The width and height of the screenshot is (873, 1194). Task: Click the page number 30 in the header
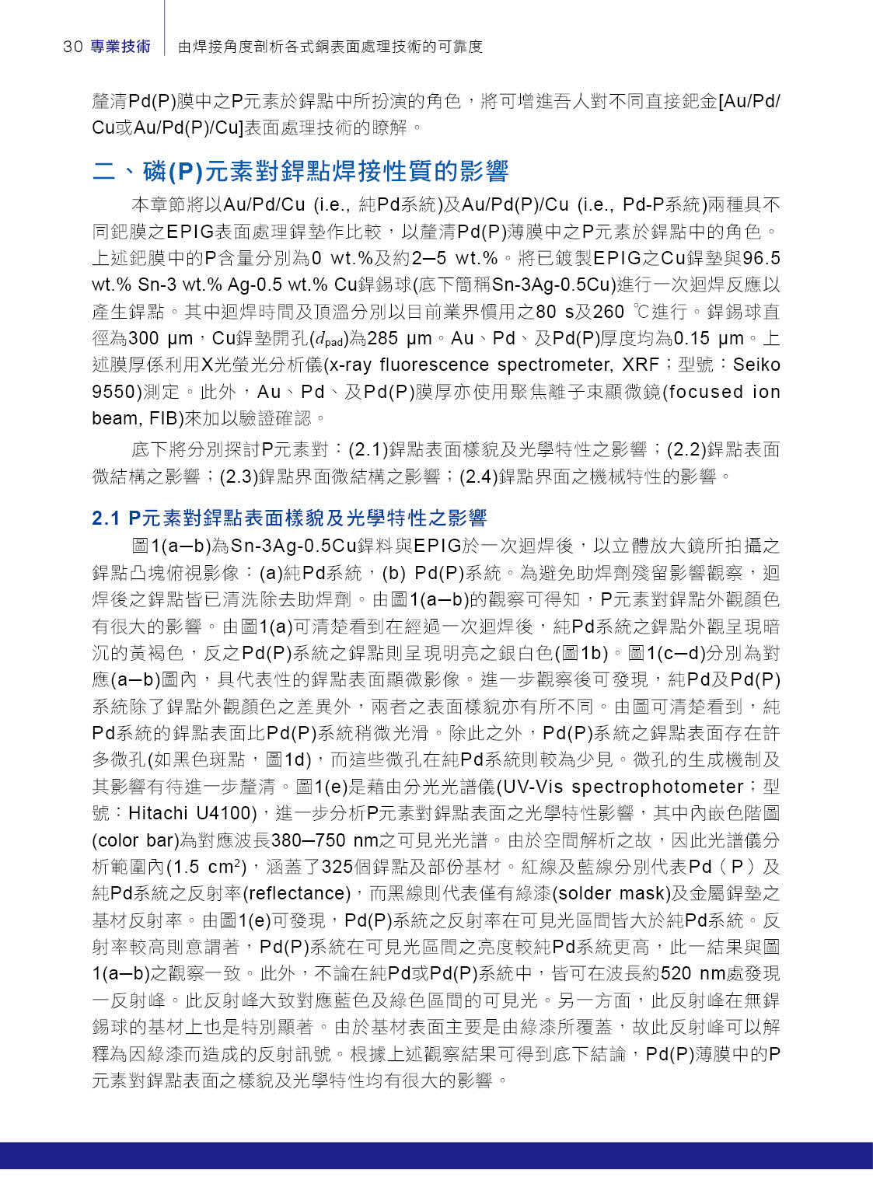point(73,47)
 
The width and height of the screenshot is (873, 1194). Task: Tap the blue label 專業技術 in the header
point(120,47)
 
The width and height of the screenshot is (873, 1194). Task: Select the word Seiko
point(756,365)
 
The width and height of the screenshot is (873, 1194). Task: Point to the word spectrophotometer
point(658,787)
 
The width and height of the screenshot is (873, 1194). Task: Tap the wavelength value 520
point(676,974)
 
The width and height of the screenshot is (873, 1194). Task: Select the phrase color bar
point(135,841)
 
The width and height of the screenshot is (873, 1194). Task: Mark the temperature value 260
point(609,312)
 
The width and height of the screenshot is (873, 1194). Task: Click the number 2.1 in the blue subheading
point(106,518)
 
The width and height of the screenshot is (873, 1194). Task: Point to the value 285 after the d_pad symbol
point(383,339)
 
